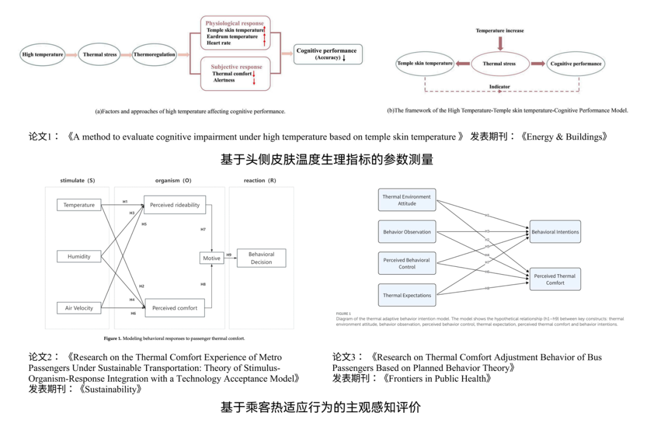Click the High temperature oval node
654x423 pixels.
[x=42, y=54]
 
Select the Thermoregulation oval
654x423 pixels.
[x=154, y=54]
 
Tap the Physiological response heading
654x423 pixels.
[x=234, y=24]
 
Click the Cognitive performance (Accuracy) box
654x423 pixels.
[x=326, y=54]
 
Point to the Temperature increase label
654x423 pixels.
[x=500, y=30]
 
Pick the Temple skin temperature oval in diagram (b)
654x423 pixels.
[x=424, y=64]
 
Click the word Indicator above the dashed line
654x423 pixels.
[x=500, y=87]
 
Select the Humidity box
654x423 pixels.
[x=79, y=257]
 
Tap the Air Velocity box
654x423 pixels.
[x=79, y=308]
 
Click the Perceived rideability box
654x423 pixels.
[x=175, y=205]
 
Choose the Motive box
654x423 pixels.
[x=212, y=258]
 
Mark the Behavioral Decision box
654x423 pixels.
[x=261, y=258]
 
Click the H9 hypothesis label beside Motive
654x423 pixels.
[x=229, y=255]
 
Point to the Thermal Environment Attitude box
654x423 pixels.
[x=407, y=200]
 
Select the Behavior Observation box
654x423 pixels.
[x=407, y=232]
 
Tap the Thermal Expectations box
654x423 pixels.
[x=407, y=295]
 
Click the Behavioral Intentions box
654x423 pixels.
[x=555, y=232]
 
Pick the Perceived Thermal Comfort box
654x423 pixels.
[x=555, y=280]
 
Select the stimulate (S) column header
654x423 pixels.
[x=78, y=180]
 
